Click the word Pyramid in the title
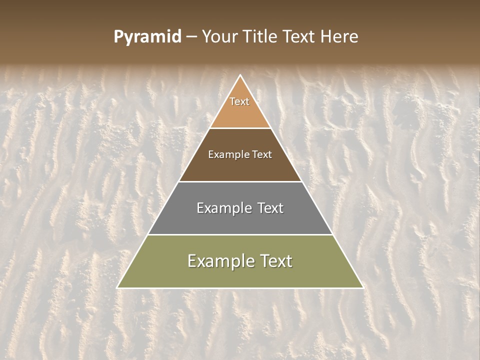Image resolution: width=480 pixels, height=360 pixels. (147, 37)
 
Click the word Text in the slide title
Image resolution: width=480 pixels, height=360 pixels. (299, 37)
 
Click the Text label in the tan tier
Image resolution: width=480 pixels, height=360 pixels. (239, 101)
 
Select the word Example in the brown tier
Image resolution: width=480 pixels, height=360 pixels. (227, 155)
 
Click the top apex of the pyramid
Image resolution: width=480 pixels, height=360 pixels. (240, 76)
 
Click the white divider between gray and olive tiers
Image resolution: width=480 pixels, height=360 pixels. (240, 234)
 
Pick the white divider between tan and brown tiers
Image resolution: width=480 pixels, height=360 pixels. (240, 128)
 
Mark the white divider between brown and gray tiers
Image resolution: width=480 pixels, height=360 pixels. (240, 181)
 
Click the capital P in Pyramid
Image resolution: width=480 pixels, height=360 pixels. (118, 37)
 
